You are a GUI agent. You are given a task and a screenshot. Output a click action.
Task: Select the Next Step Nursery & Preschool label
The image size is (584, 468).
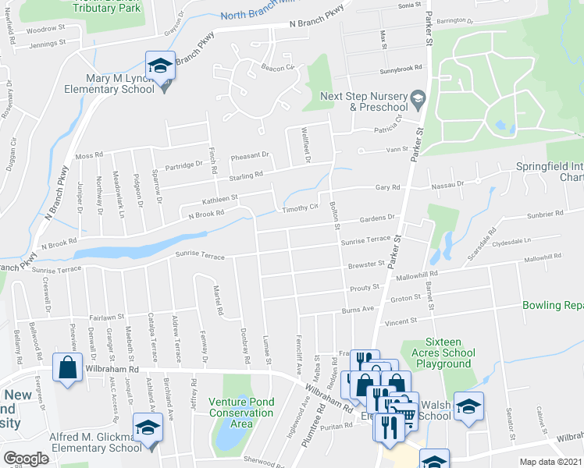tap(365, 101)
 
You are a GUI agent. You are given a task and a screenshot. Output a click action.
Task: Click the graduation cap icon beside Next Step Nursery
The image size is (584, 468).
tap(418, 97)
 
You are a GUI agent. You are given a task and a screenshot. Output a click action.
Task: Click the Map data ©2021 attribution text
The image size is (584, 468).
tap(550, 462)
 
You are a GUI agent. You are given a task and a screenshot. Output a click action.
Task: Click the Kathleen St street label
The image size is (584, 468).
tap(220, 200)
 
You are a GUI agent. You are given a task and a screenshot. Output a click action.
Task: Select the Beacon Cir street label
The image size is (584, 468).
tap(277, 68)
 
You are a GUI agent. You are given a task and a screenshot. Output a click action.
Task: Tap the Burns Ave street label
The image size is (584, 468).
tap(358, 309)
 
